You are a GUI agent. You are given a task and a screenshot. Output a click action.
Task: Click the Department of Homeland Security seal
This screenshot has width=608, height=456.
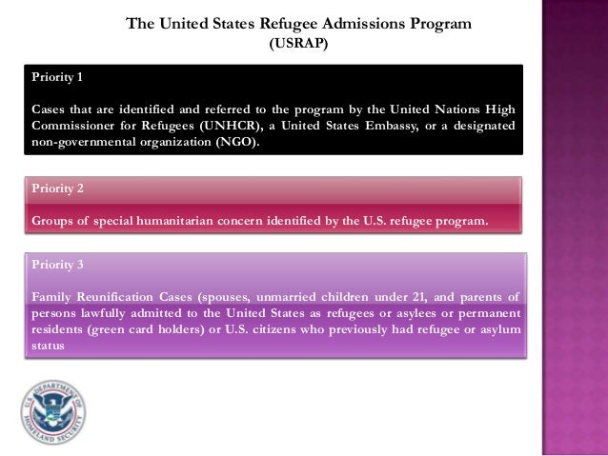tap(52, 412)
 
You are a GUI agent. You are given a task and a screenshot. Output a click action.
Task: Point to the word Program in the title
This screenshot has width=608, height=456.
tap(438, 23)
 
